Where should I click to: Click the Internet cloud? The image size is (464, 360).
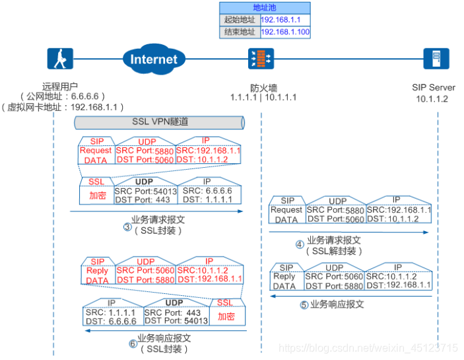153,59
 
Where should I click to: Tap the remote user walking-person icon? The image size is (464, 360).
59,59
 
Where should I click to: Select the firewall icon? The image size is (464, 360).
259,59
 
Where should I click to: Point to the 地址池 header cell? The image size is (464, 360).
264,7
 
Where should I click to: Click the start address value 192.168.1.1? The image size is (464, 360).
280,20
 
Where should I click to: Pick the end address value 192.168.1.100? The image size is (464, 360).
285,32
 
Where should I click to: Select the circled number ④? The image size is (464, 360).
300,244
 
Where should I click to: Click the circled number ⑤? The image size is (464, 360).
304,305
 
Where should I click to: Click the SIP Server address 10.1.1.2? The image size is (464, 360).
432,98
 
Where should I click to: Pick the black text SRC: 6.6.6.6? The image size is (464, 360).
209,192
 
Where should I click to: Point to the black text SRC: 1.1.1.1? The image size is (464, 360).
112,312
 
